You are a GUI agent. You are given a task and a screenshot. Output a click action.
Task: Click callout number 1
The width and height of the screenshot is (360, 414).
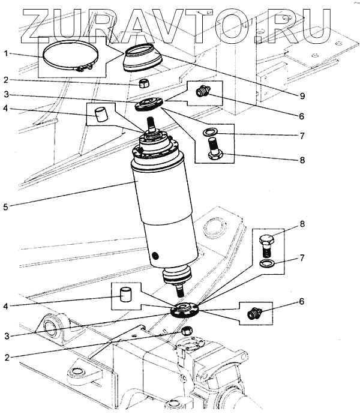[x=6, y=54]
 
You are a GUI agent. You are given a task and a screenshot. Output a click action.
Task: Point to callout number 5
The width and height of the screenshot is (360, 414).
[x=5, y=207]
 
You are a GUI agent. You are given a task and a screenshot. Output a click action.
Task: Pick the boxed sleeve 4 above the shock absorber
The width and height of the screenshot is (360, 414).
[x=101, y=112]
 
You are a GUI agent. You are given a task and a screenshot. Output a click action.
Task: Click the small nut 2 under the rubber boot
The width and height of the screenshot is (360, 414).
[x=143, y=83]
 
